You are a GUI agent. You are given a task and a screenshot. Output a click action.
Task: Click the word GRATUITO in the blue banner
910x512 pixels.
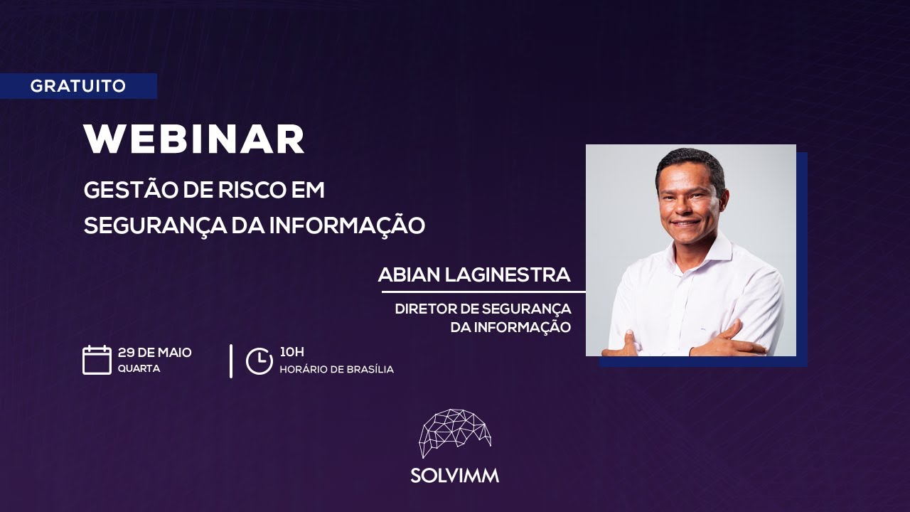click(x=78, y=86)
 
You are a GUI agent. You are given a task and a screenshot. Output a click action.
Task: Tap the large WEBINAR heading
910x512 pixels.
click(x=194, y=139)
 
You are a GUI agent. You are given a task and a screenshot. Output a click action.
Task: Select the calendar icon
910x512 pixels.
click(x=97, y=360)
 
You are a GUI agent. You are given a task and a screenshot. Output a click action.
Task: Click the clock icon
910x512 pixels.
click(x=259, y=361)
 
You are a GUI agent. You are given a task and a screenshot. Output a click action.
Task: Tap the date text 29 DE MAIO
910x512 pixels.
click(x=155, y=353)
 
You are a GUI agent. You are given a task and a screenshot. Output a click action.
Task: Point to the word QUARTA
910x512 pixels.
click(x=139, y=369)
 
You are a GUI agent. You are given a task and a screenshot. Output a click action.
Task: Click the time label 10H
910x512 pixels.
click(x=291, y=352)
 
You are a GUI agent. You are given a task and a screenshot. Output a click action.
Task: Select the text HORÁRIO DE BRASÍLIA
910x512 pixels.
click(x=336, y=370)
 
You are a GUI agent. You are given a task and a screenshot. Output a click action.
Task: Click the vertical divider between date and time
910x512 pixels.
click(x=231, y=361)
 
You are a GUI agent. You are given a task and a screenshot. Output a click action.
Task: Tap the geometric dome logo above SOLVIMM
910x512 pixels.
click(x=455, y=432)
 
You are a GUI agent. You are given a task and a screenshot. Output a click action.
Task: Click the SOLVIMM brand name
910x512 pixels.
click(x=455, y=476)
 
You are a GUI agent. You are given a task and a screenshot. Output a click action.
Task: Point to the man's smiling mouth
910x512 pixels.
click(x=687, y=223)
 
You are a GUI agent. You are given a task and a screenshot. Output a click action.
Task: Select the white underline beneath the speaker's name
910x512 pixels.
click(x=483, y=292)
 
